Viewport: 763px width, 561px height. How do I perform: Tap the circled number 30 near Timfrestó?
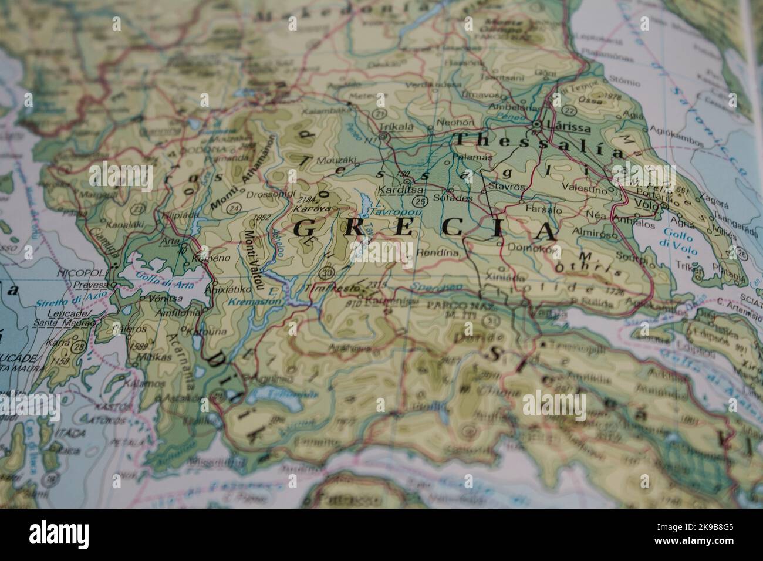(x=327, y=273)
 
